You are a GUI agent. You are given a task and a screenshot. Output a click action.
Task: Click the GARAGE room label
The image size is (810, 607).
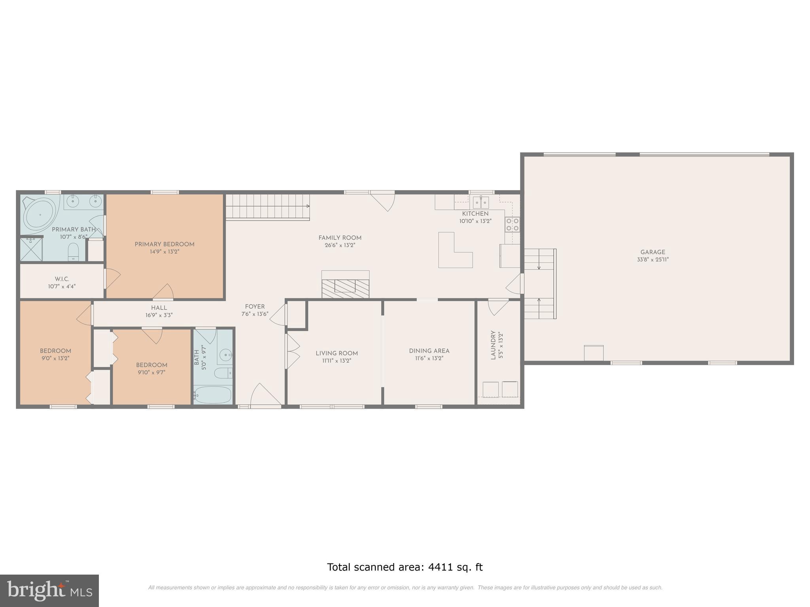coord(653,252)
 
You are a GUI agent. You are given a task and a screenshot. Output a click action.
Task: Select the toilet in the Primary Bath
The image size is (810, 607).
coord(74,252)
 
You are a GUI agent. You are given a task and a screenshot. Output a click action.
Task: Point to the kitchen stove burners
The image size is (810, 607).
coord(512,224)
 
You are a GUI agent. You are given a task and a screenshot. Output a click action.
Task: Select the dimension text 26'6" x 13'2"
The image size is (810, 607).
coord(340,245)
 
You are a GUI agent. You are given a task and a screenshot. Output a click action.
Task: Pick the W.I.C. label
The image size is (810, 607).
coord(62,279)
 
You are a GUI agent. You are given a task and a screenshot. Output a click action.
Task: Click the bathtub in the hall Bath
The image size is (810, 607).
coord(212,395)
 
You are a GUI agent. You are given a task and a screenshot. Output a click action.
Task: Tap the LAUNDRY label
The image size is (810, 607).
coord(493,345)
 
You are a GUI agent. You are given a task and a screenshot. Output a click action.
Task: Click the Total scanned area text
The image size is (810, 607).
coord(405,567)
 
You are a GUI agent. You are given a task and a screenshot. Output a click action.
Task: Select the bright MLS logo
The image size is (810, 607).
coord(49,590)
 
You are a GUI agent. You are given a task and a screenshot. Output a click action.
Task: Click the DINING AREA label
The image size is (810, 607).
coord(429,351)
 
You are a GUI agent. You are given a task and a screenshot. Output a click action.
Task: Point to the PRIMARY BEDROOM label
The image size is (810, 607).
coord(165,244)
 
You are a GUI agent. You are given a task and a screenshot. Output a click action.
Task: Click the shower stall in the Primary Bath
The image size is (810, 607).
coord(31,249)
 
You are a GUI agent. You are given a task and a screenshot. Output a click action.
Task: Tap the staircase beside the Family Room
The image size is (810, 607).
coord(267,207)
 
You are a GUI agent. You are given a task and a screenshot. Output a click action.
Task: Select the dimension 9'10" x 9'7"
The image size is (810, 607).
coord(151,372)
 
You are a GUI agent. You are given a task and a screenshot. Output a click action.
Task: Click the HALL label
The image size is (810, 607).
coord(159,308)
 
